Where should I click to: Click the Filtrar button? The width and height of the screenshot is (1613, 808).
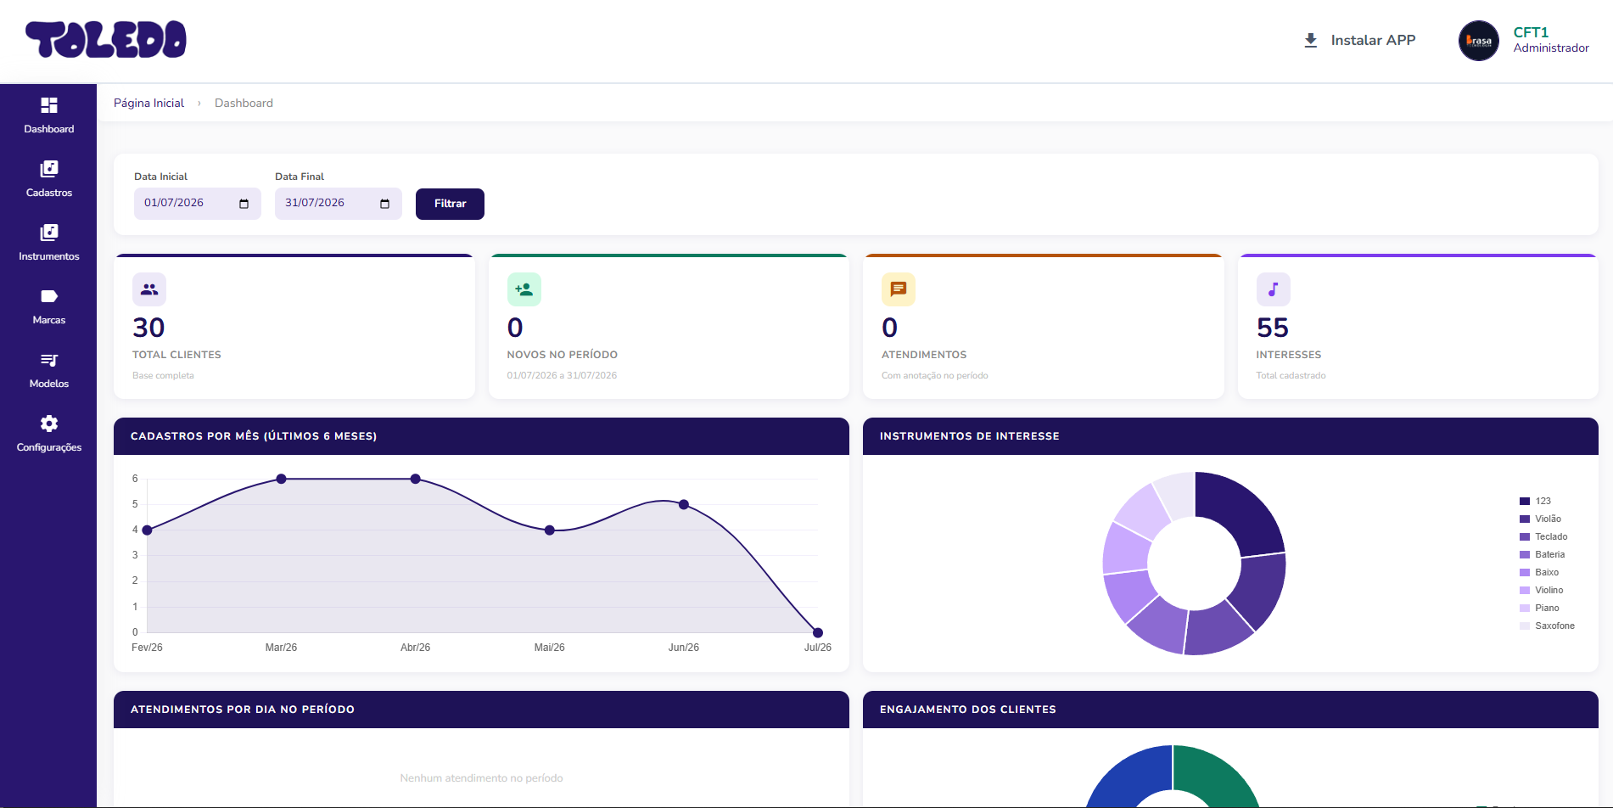click(x=450, y=204)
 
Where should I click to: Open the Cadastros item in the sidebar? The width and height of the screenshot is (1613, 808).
click(x=49, y=179)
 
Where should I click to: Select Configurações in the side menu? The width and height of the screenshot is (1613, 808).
click(x=49, y=434)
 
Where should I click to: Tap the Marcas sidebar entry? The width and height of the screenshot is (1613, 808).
click(x=49, y=306)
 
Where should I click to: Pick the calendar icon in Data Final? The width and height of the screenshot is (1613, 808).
click(x=384, y=204)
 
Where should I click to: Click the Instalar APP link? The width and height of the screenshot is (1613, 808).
click(x=1360, y=40)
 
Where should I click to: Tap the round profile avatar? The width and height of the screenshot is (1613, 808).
click(x=1479, y=41)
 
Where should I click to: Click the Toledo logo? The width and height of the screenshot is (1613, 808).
click(x=106, y=40)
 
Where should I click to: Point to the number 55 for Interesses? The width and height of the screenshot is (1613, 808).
click(x=1272, y=328)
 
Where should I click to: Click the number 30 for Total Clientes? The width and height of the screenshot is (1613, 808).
click(x=148, y=328)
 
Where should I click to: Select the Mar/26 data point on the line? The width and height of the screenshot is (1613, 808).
click(x=281, y=479)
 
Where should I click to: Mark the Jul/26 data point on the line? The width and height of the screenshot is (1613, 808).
click(x=818, y=632)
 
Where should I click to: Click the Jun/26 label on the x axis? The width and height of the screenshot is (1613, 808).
click(x=684, y=648)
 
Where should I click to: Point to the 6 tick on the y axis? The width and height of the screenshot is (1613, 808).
click(x=135, y=479)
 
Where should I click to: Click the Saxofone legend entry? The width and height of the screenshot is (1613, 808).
click(x=1547, y=626)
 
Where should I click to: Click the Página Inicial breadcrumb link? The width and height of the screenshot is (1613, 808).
click(x=148, y=103)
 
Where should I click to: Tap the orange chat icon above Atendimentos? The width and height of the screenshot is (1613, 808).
click(x=899, y=289)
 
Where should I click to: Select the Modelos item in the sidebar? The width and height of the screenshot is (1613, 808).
click(x=49, y=370)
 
